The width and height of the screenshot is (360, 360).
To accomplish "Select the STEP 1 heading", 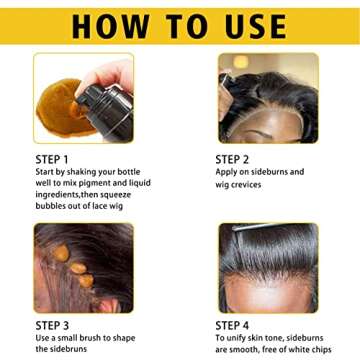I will click(x=52, y=158).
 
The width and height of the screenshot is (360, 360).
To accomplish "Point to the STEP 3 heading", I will click(x=52, y=326).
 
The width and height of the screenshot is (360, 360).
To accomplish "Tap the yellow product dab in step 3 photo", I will click(x=59, y=256).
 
